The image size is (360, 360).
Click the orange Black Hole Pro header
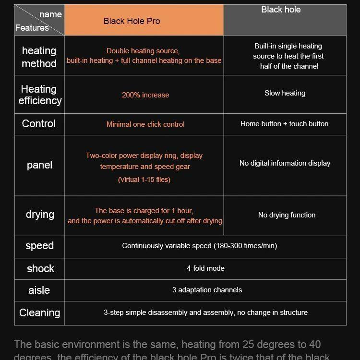click(x=144, y=21)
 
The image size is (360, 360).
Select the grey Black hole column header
click(x=285, y=20)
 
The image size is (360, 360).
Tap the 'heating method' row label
click(x=39, y=57)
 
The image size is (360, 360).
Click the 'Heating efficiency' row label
click(x=40, y=95)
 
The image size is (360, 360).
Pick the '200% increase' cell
click(x=145, y=95)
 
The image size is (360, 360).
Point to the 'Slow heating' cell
click(x=285, y=93)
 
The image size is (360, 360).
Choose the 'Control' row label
click(x=39, y=124)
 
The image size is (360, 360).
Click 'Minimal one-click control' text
click(x=145, y=124)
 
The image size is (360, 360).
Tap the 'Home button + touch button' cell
click(x=284, y=124)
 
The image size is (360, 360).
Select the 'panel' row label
click(x=39, y=165)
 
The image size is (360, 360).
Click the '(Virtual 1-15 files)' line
click(x=144, y=180)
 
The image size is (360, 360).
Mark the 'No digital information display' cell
click(x=285, y=163)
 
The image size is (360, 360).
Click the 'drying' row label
click(x=40, y=215)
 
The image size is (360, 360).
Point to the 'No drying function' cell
click(x=287, y=215)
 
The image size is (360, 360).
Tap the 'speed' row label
click(x=39, y=246)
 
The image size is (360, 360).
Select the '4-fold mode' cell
click(x=205, y=268)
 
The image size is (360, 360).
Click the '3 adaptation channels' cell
click(x=207, y=290)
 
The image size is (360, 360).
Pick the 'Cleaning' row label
click(x=39, y=313)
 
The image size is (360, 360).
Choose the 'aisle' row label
click(x=39, y=290)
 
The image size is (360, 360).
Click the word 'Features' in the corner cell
click(x=32, y=28)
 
